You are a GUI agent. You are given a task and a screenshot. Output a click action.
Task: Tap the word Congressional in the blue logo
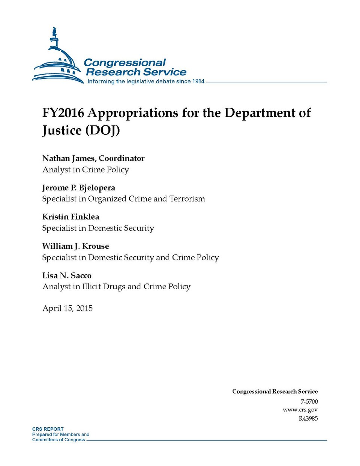(x=124, y=63)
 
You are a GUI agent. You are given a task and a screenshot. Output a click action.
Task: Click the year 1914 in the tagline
(x=198, y=81)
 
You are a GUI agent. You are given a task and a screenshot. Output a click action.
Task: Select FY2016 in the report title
(x=63, y=113)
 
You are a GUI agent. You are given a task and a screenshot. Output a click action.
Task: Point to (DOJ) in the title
(x=102, y=131)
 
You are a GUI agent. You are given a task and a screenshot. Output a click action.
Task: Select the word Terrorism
(x=187, y=199)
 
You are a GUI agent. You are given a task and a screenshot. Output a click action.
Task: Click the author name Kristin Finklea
(x=71, y=217)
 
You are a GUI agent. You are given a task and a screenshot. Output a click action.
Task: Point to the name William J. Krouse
(x=75, y=246)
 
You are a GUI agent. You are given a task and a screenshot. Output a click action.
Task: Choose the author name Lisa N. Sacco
(x=67, y=275)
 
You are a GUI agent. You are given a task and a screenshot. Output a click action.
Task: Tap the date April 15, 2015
(x=67, y=308)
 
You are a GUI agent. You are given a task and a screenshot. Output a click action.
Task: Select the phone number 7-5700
(x=309, y=401)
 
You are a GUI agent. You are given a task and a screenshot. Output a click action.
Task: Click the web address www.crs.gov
(x=300, y=410)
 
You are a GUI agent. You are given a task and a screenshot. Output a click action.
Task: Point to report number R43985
(x=308, y=418)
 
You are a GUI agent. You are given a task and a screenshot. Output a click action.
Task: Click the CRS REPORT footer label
(x=48, y=429)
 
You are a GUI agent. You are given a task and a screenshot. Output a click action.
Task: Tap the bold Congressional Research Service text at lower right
(x=275, y=391)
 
